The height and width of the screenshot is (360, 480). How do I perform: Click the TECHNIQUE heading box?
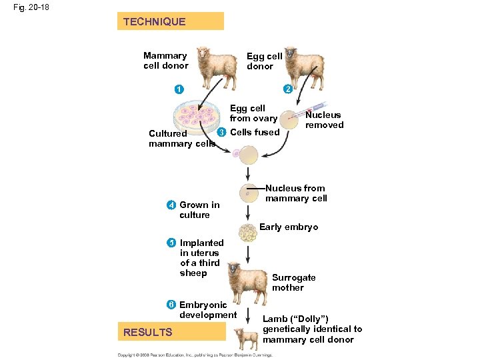[x=170, y=21]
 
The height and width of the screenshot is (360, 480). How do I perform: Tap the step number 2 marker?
[x=287, y=89]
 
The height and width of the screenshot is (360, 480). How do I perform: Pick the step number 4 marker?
[x=172, y=205]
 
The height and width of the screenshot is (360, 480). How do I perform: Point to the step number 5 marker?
[x=172, y=243]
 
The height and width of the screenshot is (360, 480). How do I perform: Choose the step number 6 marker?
[x=172, y=305]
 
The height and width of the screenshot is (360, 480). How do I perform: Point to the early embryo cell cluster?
[x=247, y=232]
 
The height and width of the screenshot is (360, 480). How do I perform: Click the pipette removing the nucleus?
[x=311, y=108]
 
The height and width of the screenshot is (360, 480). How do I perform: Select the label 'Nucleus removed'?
[x=324, y=120]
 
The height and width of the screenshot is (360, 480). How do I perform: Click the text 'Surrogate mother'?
[x=293, y=283]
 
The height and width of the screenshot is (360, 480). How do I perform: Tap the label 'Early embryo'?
[x=289, y=227]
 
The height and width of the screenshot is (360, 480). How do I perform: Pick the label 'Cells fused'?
[x=254, y=132]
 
